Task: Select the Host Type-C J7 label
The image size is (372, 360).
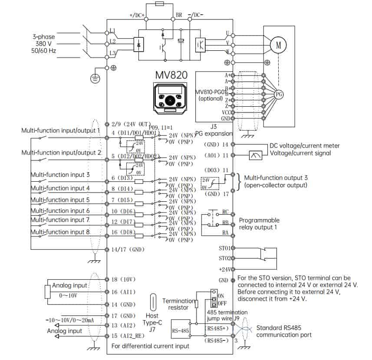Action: [x=152, y=323]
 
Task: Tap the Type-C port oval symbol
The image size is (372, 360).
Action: [x=152, y=301]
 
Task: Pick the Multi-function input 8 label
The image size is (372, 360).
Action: [x=60, y=232]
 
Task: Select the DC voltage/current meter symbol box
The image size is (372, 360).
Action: [x=255, y=156]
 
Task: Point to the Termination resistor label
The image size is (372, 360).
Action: [x=178, y=304]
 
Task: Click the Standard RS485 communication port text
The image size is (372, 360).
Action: [x=285, y=331]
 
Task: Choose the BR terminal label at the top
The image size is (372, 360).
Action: [x=179, y=15]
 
